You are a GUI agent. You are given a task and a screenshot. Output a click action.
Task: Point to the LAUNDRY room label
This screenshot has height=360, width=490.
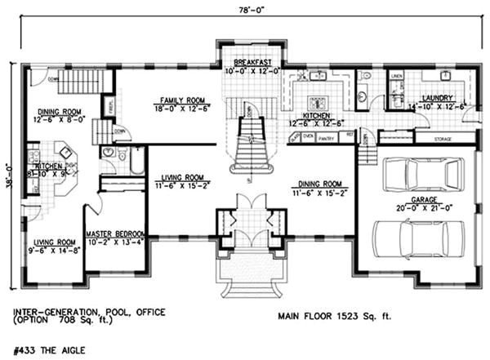(x=434, y=98)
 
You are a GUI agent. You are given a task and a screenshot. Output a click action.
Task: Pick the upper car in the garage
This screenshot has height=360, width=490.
(x=416, y=173)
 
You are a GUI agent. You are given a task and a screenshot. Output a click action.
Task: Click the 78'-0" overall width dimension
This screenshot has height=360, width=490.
(x=247, y=9)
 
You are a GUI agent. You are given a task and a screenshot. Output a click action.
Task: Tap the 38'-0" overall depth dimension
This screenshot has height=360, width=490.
(x=9, y=173)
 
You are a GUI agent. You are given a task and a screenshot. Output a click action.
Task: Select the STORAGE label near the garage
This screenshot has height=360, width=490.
(x=443, y=140)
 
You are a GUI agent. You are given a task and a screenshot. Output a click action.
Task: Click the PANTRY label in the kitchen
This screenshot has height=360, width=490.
(x=327, y=136)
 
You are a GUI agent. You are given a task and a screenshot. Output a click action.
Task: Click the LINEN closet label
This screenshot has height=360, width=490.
(x=397, y=77)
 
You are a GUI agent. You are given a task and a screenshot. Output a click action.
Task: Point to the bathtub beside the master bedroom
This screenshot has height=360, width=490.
(x=137, y=162)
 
